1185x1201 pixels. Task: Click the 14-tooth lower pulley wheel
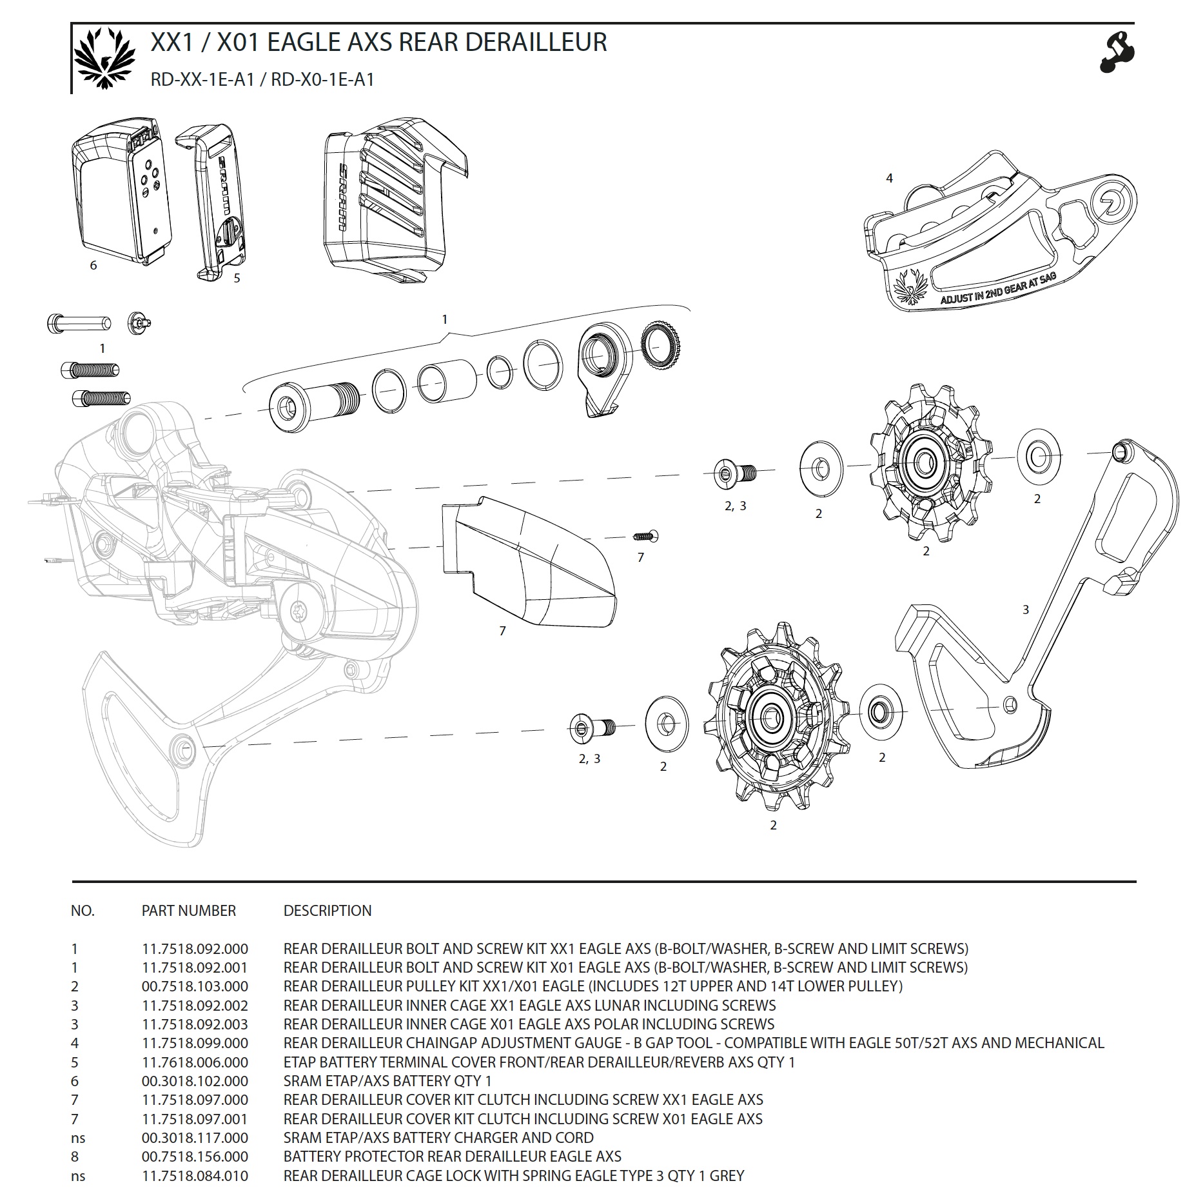point(770,716)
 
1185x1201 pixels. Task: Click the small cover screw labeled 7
point(645,535)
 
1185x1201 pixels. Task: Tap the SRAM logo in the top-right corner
point(1117,51)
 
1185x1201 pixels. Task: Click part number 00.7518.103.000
point(195,986)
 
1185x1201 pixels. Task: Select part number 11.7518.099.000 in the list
point(195,1043)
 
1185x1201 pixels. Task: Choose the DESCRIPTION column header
point(328,911)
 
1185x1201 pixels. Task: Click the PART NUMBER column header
point(189,911)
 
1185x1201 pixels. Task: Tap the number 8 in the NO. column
point(75,1156)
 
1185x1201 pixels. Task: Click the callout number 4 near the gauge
point(890,178)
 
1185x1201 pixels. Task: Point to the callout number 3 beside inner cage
point(1026,610)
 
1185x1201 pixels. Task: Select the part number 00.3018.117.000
point(195,1138)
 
